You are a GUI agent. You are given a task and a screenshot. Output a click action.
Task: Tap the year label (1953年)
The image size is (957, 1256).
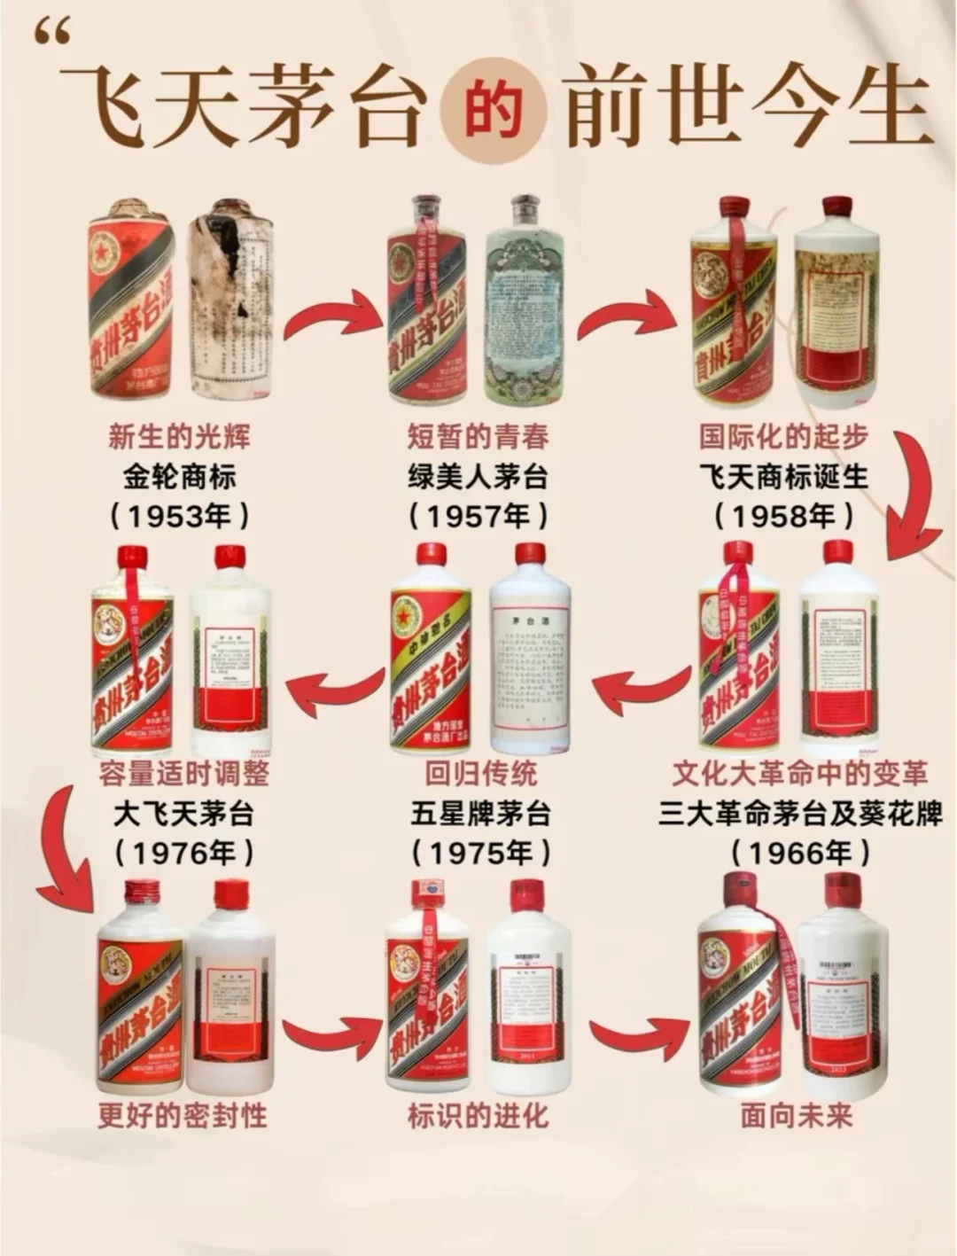179,516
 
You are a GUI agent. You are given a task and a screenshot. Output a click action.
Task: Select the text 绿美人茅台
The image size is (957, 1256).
478,477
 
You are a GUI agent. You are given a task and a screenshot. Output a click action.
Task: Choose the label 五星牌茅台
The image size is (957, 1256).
480,813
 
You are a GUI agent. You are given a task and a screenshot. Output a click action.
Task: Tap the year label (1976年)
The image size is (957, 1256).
183,853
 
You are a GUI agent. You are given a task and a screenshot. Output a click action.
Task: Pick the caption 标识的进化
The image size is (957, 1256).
478,1115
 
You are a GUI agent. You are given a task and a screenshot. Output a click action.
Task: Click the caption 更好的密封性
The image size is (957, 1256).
183,1115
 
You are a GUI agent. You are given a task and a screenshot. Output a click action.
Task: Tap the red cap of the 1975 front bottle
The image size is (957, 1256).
432,554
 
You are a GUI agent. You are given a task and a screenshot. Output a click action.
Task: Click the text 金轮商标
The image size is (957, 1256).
179,477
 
